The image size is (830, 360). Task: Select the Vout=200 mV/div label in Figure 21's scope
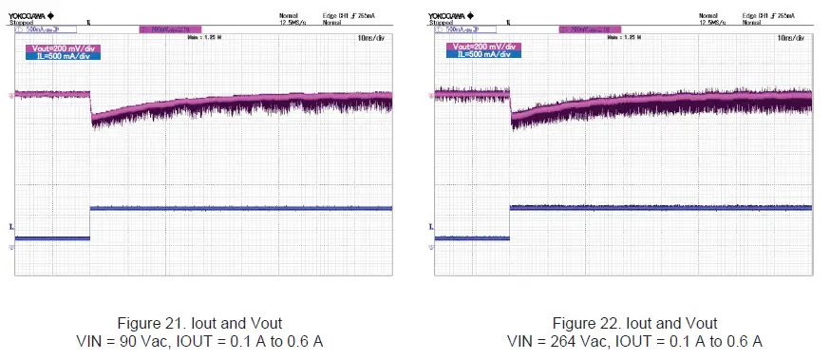(x=65, y=46)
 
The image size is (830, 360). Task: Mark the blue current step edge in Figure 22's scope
(x=511, y=221)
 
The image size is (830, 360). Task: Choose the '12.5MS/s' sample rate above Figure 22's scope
(x=712, y=22)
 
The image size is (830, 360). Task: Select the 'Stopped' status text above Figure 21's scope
(x=20, y=22)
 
